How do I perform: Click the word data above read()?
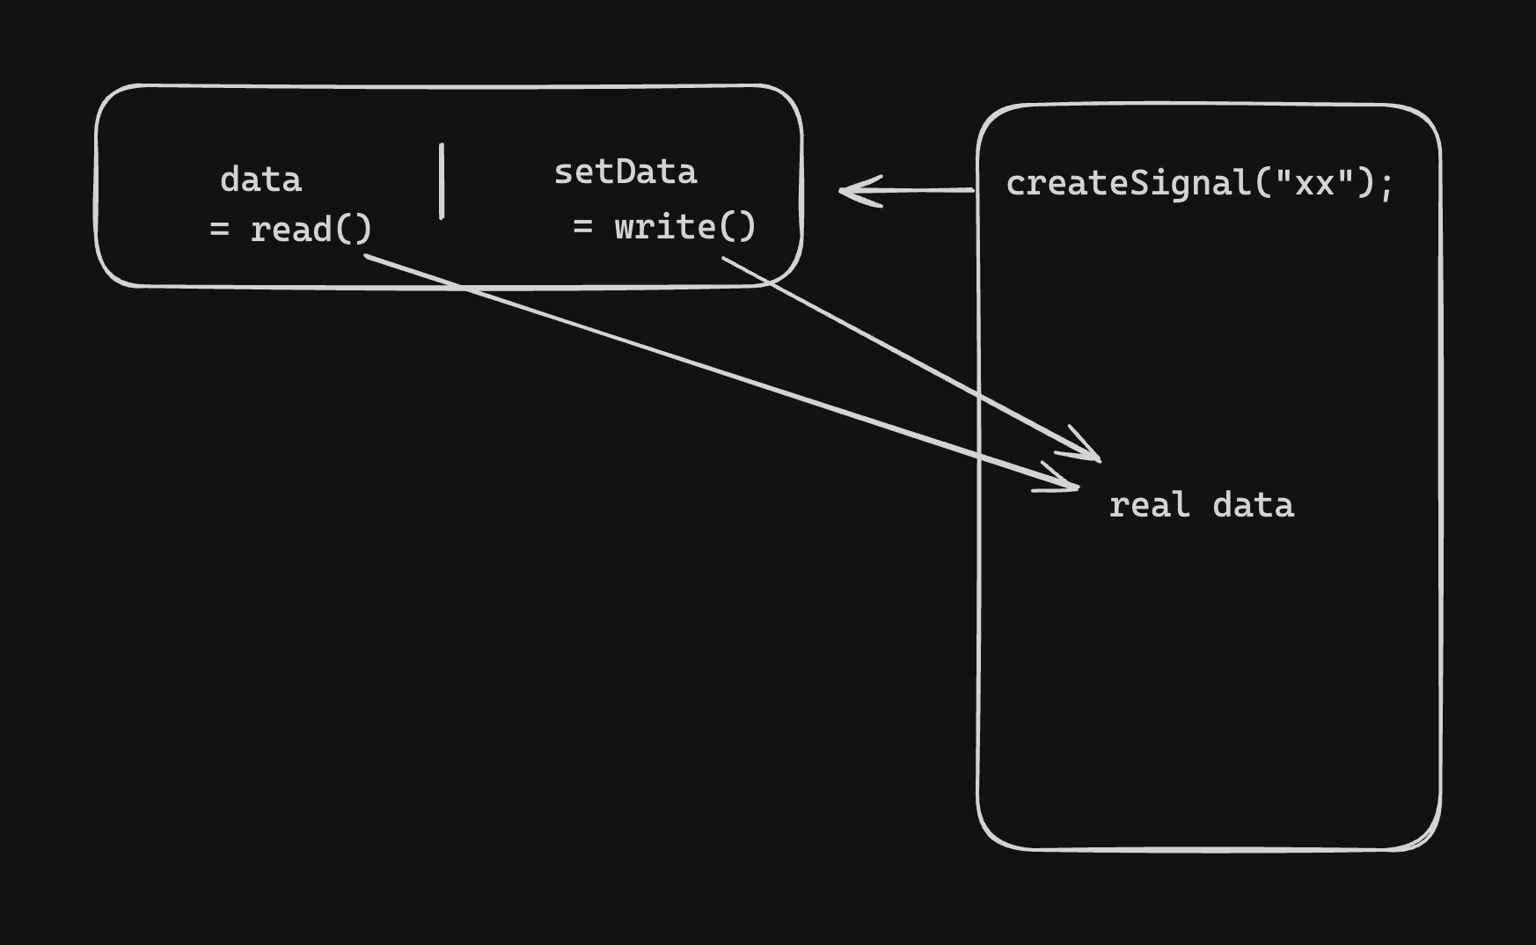(260, 179)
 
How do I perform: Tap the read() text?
(311, 230)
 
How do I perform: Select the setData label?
(625, 172)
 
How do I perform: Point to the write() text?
(685, 227)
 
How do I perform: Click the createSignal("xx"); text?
(1200, 184)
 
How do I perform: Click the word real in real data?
(1149, 506)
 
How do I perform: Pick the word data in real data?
(1253, 506)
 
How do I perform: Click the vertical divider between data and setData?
(442, 180)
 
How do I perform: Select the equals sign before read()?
(219, 230)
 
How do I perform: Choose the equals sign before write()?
(582, 227)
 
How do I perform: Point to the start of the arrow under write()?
(725, 260)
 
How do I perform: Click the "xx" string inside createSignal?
(1314, 184)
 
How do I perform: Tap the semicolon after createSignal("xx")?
(1387, 187)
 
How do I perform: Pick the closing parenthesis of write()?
(749, 227)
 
